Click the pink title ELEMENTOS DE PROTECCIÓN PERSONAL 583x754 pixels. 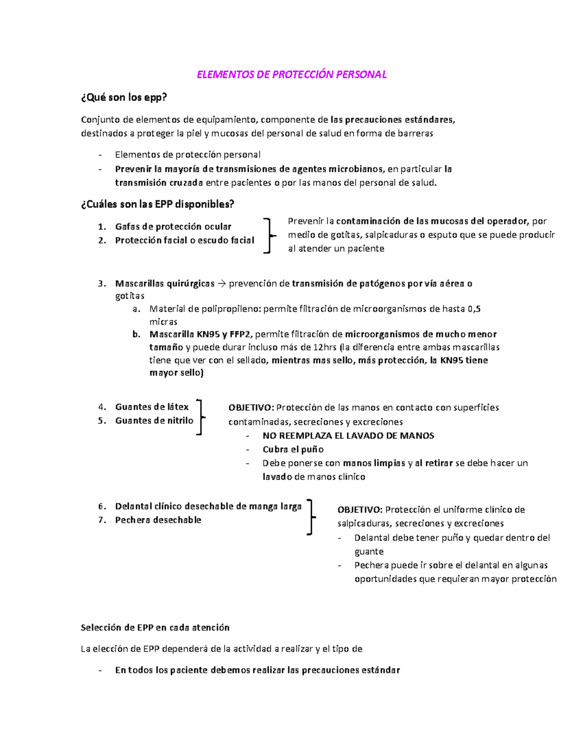pyautogui.click(x=291, y=74)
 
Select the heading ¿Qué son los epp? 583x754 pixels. pyautogui.click(x=124, y=97)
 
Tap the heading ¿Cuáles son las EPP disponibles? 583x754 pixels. pyautogui.click(x=157, y=204)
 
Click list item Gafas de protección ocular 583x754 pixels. pyautogui.click(x=173, y=226)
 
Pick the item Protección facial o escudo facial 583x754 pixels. pyautogui.click(x=185, y=240)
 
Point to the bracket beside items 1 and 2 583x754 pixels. pyautogui.click(x=268, y=235)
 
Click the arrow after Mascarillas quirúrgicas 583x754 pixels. pyautogui.click(x=222, y=284)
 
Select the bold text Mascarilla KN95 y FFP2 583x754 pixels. pyautogui.click(x=201, y=334)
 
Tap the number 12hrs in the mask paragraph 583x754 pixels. pyautogui.click(x=325, y=347)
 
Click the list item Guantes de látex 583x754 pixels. pyautogui.click(x=152, y=407)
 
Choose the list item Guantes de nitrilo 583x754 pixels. pyautogui.click(x=154, y=420)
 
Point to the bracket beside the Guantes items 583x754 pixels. pyautogui.click(x=200, y=417)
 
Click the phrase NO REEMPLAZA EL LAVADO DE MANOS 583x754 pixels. pyautogui.click(x=348, y=436)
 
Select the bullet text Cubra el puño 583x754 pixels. pyautogui.click(x=293, y=449)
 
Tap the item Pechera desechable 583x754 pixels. pyautogui.click(x=158, y=520)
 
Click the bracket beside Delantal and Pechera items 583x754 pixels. pyautogui.click(x=311, y=517)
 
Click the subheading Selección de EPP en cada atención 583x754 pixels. pyautogui.click(x=155, y=627)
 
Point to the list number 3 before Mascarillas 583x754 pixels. pyautogui.click(x=102, y=284)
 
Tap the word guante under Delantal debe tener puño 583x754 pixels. pyautogui.click(x=369, y=551)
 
